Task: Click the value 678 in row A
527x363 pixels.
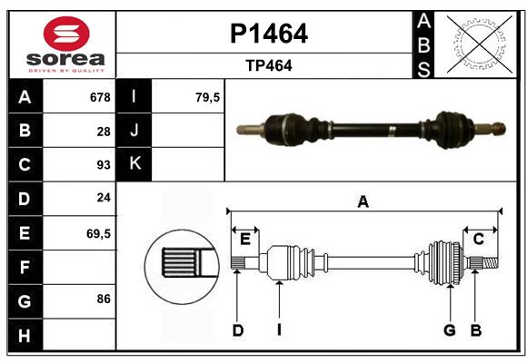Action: point(100,97)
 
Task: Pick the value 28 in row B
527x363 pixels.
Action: point(104,131)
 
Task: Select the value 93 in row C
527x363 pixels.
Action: point(104,165)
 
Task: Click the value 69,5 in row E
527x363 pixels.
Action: point(99,233)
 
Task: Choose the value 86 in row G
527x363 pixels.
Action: point(104,298)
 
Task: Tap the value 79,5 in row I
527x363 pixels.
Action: point(209,97)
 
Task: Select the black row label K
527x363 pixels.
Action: point(134,164)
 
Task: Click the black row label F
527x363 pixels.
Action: point(25,267)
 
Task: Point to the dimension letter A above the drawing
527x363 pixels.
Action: point(363,201)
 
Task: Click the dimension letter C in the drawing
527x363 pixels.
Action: point(478,239)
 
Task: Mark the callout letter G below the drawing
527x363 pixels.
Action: point(449,330)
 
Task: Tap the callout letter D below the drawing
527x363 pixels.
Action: point(237,330)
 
